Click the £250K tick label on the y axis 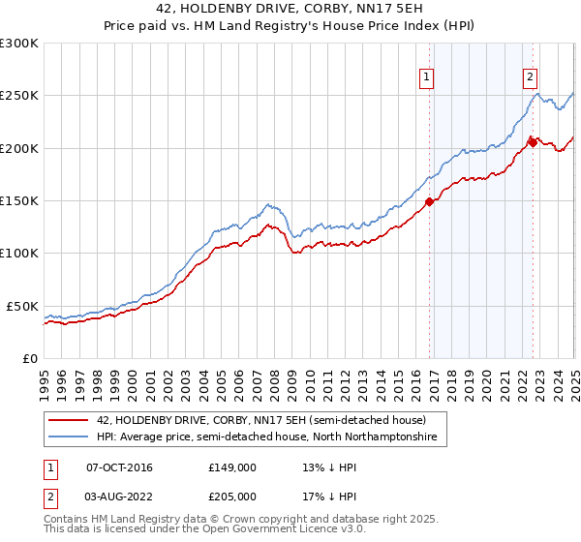19,96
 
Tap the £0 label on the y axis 30,358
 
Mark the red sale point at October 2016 429,202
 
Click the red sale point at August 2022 532,143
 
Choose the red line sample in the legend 68,419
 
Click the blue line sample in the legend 68,437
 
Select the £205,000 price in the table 232,495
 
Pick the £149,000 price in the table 232,467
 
